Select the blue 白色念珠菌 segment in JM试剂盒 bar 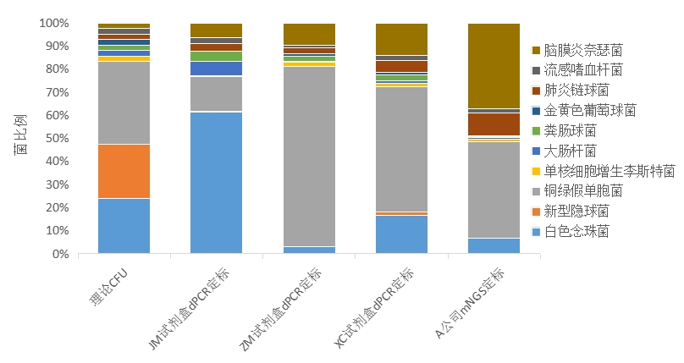[216, 183]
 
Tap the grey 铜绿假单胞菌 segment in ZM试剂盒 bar [309, 157]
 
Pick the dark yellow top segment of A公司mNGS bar [494, 66]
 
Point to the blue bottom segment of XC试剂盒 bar [401, 234]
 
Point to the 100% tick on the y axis [52, 24]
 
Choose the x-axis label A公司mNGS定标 [467, 305]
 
